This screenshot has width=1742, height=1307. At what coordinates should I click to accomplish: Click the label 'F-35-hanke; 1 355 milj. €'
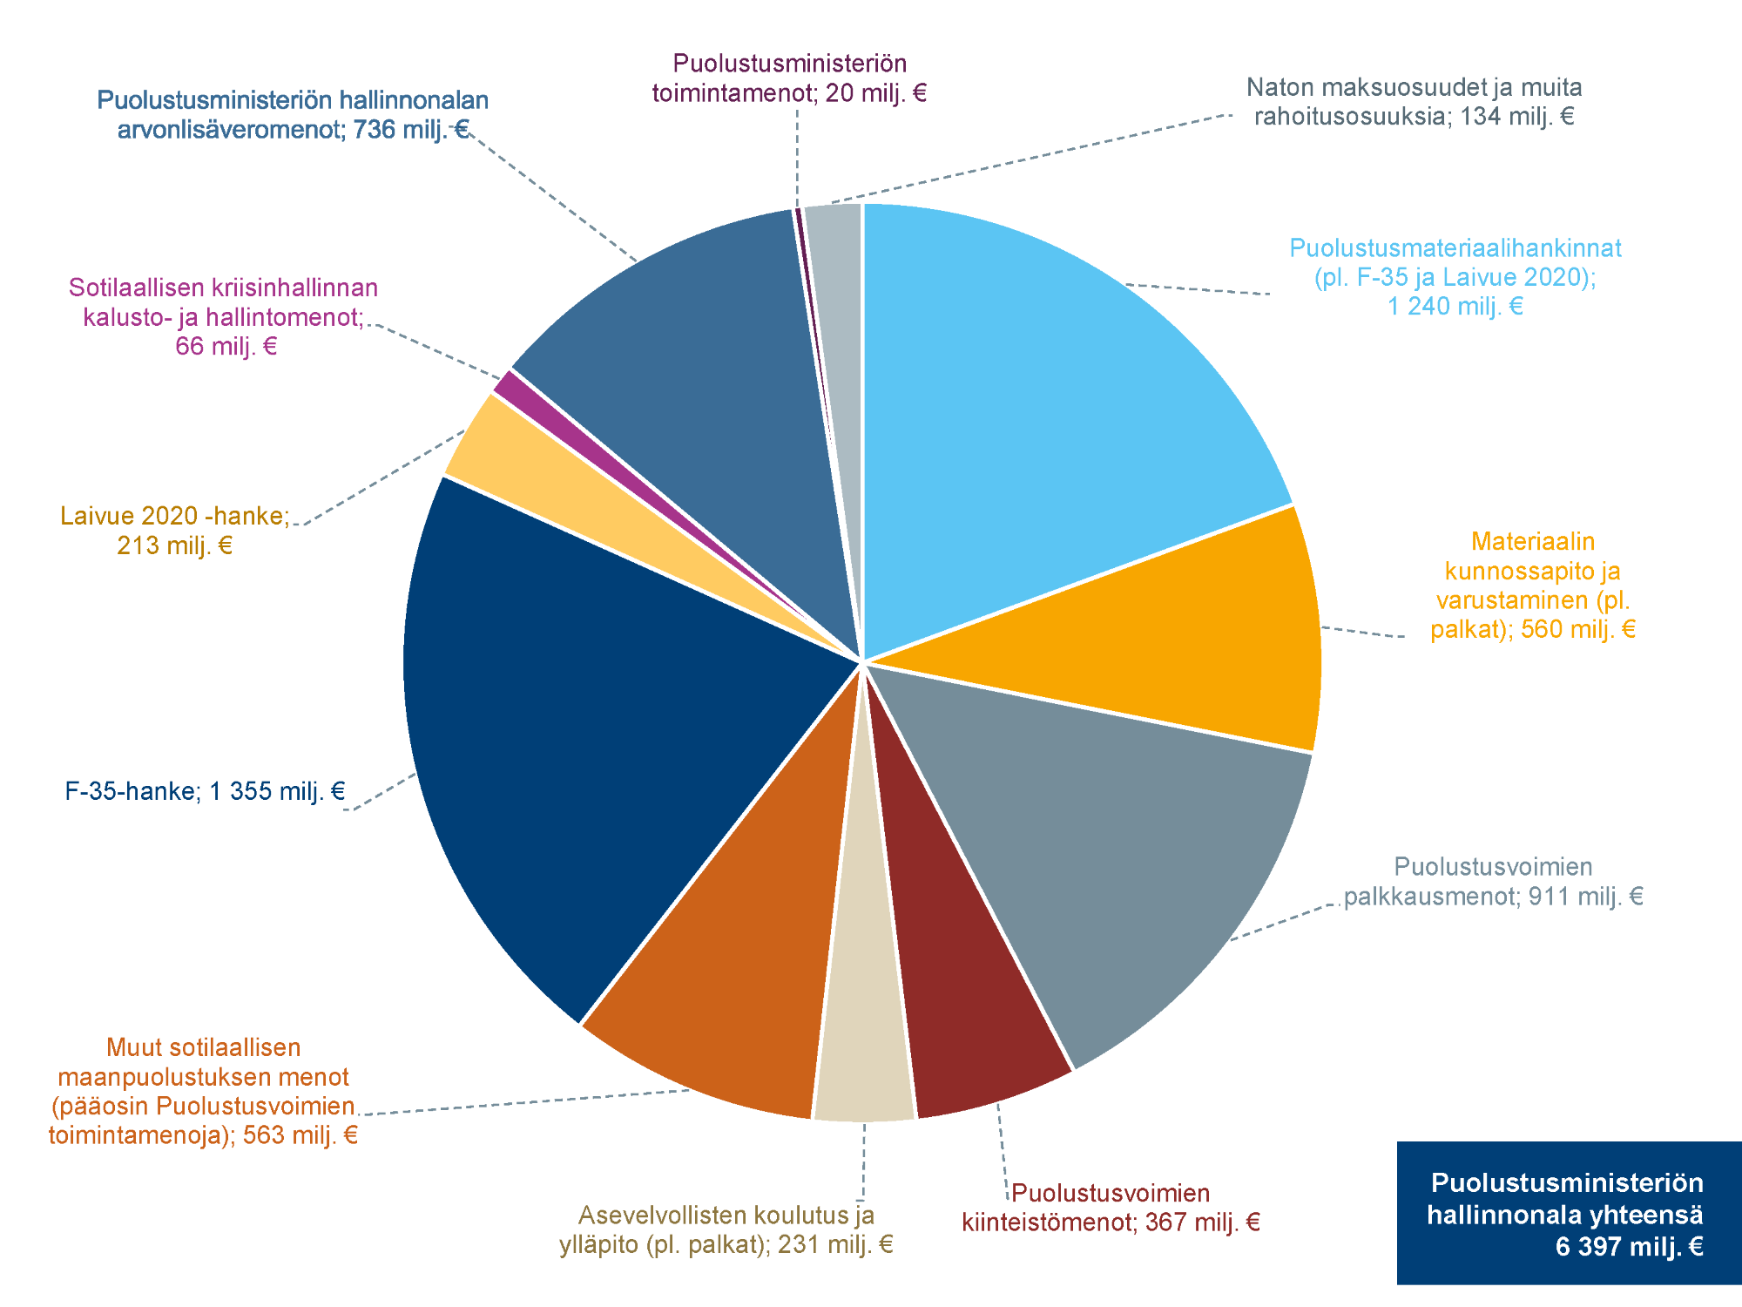pyautogui.click(x=205, y=791)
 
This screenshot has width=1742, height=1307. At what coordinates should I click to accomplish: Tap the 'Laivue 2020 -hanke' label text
pyautogui.click(x=174, y=516)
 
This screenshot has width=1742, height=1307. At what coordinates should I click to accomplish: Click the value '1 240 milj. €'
pyautogui.click(x=1455, y=306)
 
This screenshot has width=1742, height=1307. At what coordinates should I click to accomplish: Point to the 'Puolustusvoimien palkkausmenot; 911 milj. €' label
pyautogui.click(x=1493, y=882)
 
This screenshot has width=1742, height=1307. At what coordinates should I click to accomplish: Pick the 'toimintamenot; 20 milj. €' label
pyautogui.click(x=789, y=92)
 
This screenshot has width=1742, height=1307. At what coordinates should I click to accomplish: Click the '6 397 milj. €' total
pyautogui.click(x=1629, y=1247)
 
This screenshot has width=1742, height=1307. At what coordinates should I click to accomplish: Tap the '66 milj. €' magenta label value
pyautogui.click(x=226, y=346)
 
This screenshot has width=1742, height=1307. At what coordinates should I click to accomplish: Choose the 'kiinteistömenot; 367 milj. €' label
pyautogui.click(x=1111, y=1222)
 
